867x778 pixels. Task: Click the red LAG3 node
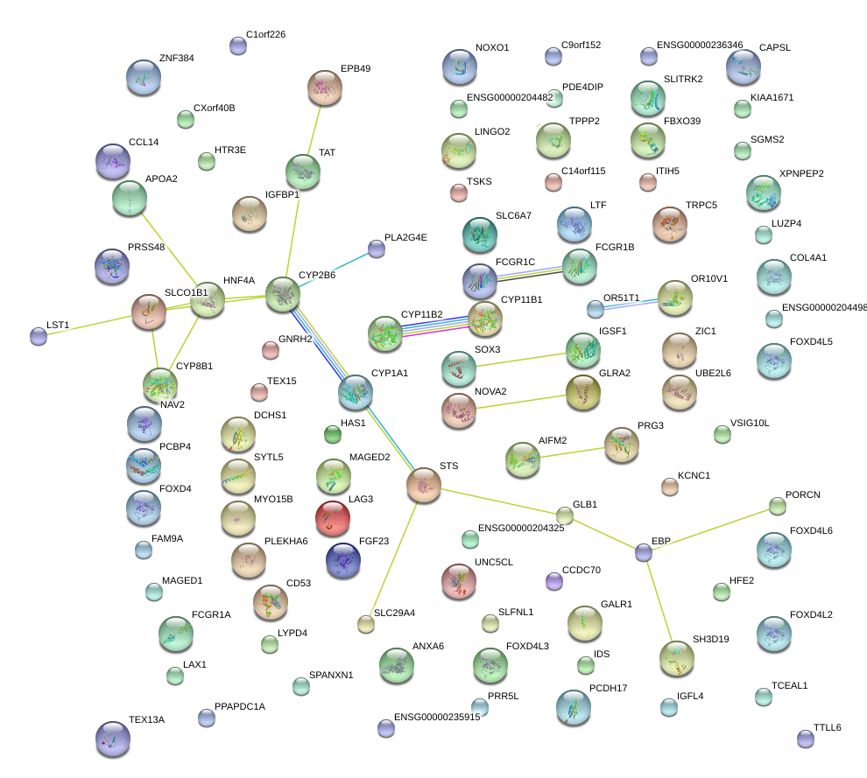332,518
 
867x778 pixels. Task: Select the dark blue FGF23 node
342,560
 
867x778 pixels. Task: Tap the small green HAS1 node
332,434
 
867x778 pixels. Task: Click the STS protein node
424,485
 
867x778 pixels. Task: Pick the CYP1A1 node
355,392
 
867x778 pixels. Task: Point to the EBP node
643,552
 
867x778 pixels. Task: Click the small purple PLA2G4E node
377,249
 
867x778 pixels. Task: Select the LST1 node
39,336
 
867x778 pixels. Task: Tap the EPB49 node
325,88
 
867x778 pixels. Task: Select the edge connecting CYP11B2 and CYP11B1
434,326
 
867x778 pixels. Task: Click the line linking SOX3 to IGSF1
521,359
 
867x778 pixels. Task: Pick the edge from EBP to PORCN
710,529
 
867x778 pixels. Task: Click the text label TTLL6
828,727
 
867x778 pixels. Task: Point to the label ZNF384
176,58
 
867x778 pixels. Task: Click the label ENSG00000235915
437,717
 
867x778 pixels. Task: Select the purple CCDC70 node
554,581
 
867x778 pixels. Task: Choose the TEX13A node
113,739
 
